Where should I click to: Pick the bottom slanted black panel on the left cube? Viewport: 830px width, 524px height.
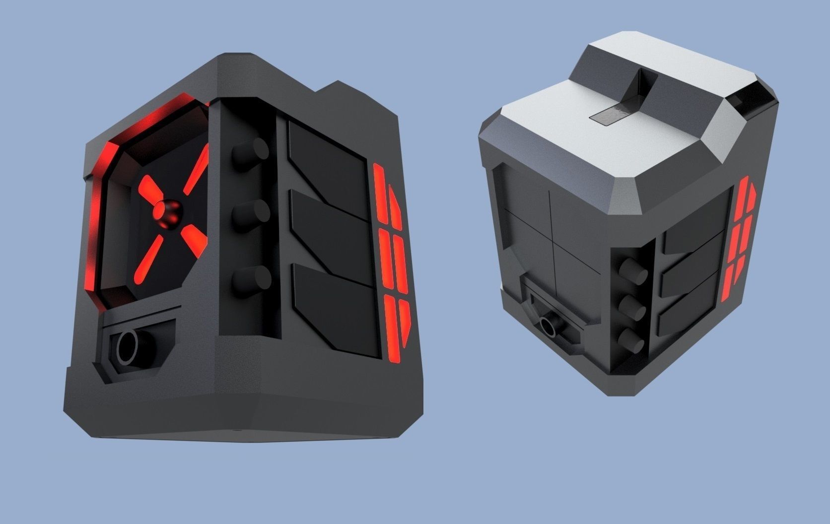point(338,308)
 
